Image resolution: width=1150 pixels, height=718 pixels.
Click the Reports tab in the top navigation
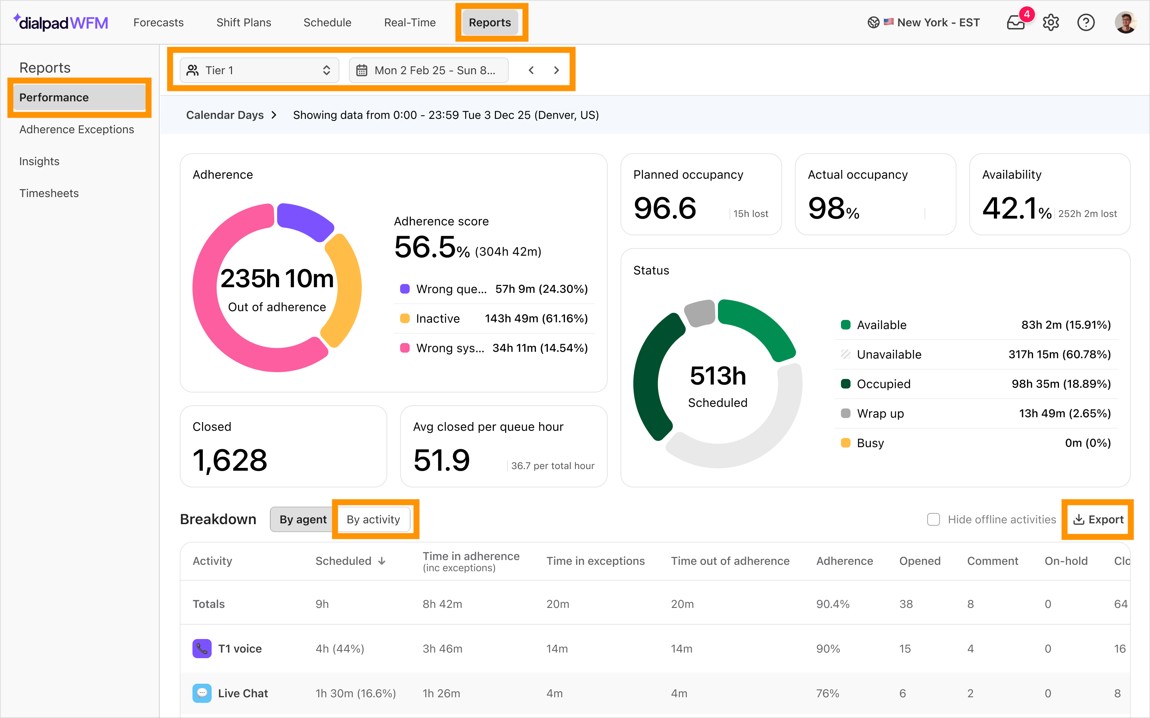(x=490, y=22)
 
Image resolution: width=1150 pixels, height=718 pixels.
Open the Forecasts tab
(x=158, y=22)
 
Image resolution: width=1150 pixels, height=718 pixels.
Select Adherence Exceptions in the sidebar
(x=77, y=129)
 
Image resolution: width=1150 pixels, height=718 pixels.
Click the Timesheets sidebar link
(x=49, y=193)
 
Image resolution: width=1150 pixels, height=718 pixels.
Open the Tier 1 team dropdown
(x=260, y=70)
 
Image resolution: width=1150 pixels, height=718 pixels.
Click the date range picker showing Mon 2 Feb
(x=428, y=70)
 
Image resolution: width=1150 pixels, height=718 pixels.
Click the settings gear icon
(x=1051, y=22)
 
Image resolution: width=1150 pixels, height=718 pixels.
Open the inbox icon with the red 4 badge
(x=1016, y=22)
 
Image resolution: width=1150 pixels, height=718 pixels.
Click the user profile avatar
(x=1125, y=22)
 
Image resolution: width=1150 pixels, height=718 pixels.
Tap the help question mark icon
(x=1086, y=22)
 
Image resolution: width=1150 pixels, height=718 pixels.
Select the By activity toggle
(x=373, y=519)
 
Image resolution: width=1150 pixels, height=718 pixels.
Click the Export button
(x=1098, y=519)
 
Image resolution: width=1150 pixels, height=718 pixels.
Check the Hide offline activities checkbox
(x=933, y=519)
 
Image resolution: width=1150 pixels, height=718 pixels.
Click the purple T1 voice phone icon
(x=202, y=649)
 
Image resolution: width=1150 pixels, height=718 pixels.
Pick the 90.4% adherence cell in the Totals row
(x=833, y=604)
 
